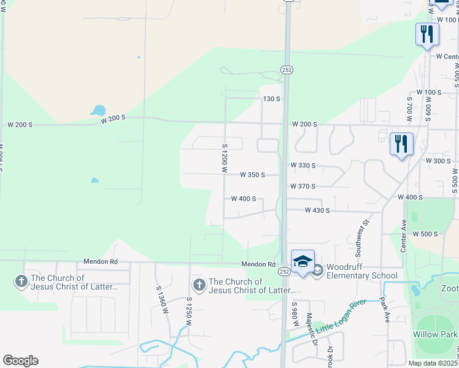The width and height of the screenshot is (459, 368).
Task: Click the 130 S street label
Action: [x=271, y=99]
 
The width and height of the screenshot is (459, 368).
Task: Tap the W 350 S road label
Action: [x=252, y=175]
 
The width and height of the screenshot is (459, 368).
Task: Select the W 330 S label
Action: [x=303, y=166]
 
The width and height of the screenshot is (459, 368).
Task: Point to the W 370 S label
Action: [x=303, y=186]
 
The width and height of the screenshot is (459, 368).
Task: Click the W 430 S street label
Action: [x=317, y=210]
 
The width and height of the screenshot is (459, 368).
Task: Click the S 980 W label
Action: [x=295, y=313]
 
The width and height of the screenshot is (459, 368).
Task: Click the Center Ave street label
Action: [x=404, y=236]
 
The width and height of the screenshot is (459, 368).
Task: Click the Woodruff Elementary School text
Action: [x=361, y=271]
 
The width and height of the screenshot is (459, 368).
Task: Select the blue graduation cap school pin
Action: [x=303, y=262]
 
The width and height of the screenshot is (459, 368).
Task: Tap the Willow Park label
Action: [x=434, y=334]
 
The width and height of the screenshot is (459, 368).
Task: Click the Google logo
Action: [x=20, y=361]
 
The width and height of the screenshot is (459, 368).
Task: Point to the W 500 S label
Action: [x=425, y=234]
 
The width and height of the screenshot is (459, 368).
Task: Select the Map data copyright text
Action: [x=433, y=363]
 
